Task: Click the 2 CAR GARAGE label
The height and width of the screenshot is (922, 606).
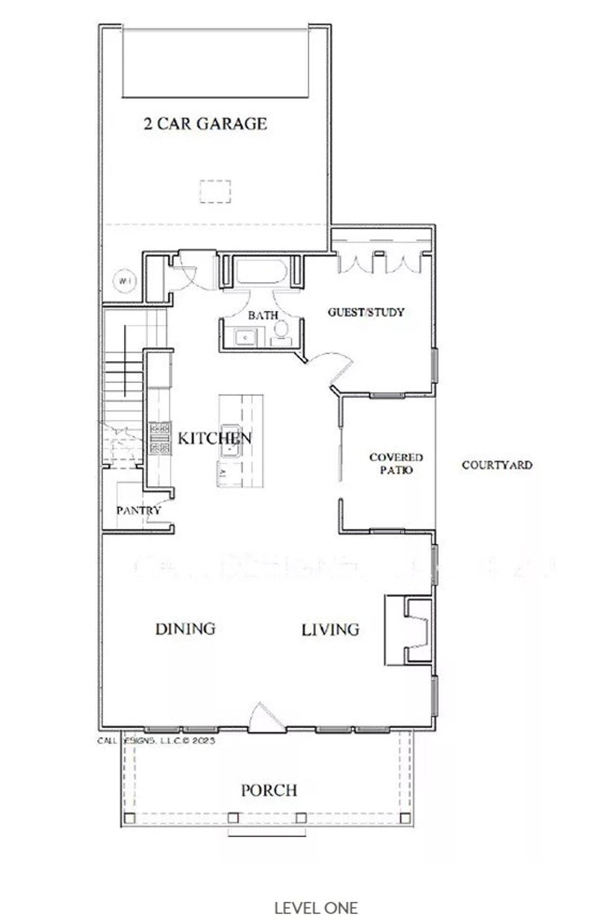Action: click(x=205, y=124)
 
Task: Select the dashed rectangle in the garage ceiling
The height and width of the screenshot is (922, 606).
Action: click(x=215, y=192)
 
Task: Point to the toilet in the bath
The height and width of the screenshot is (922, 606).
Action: click(x=282, y=329)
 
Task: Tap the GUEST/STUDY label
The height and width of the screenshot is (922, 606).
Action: click(x=366, y=312)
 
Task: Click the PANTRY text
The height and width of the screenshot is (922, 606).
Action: click(x=138, y=511)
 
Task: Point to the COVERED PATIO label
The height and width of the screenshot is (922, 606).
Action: click(x=396, y=464)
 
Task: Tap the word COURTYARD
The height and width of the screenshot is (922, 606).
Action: click(x=497, y=465)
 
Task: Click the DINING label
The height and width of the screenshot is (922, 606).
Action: click(x=186, y=629)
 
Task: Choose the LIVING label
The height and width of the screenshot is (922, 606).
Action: click(x=330, y=630)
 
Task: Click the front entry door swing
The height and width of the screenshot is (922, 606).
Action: click(x=265, y=718)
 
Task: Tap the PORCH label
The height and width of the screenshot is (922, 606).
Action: click(x=269, y=790)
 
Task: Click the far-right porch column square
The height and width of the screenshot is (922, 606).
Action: click(x=405, y=818)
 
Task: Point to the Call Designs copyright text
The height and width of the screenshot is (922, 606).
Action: click(x=156, y=740)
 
